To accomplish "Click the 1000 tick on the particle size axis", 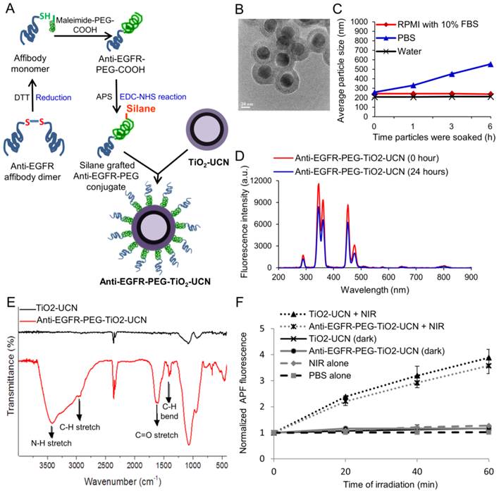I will pos(357,23).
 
